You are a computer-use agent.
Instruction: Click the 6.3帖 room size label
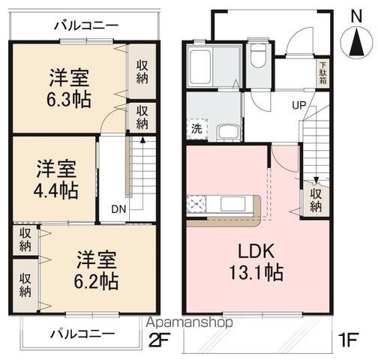[x=71, y=88]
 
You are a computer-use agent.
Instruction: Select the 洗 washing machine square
[x=196, y=129]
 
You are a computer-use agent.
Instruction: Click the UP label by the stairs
[x=297, y=104]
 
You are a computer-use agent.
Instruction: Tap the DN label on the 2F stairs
[x=118, y=209]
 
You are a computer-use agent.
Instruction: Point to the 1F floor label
[x=346, y=340]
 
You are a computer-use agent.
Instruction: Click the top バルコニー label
[x=85, y=25]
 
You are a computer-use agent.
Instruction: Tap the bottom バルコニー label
[x=82, y=332]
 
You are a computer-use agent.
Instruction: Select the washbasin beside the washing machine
[x=227, y=132]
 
